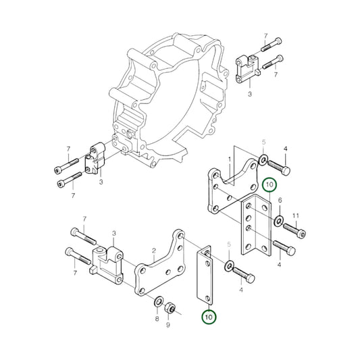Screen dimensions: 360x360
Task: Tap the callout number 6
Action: click(279, 201)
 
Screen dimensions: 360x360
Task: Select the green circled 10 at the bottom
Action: click(208, 315)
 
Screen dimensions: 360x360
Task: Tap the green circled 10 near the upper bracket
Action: click(268, 184)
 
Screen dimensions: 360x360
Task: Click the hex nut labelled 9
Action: click(173, 309)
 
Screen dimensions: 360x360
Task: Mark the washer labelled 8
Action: click(157, 300)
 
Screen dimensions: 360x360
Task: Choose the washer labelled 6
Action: click(278, 221)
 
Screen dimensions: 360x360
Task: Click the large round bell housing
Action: click(169, 101)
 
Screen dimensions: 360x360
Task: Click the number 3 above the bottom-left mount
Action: click(114, 233)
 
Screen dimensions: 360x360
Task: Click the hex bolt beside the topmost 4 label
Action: click(280, 165)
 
